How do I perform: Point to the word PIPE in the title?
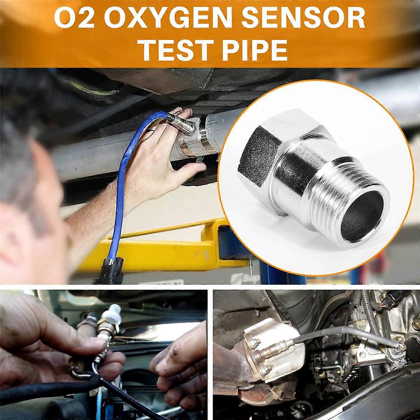(x=251, y=50)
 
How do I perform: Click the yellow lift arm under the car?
(x=196, y=241)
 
